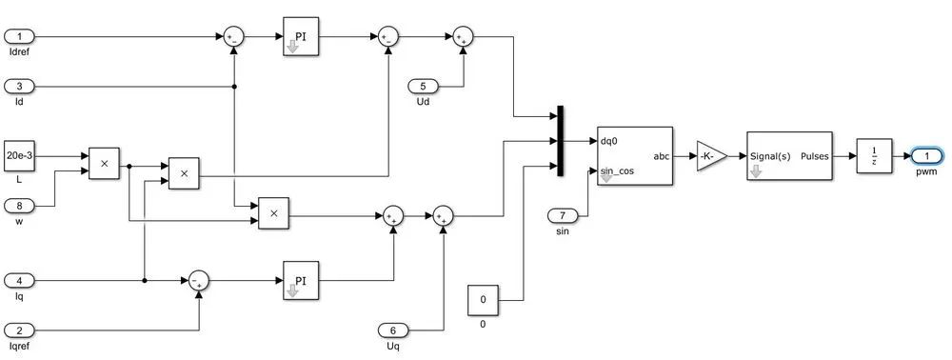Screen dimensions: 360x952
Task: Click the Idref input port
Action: (x=19, y=37)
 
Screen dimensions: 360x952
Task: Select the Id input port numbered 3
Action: (x=19, y=87)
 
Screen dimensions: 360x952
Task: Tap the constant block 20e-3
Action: (x=19, y=155)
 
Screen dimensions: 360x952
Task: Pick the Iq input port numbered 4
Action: (x=19, y=280)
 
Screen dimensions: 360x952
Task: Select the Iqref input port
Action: (x=19, y=330)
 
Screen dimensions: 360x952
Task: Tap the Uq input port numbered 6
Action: (x=393, y=330)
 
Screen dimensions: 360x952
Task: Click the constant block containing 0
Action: (x=483, y=301)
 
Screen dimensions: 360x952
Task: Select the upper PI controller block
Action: (x=301, y=37)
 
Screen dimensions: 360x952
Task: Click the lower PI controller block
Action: (x=301, y=281)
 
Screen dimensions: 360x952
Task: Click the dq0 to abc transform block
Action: (x=634, y=156)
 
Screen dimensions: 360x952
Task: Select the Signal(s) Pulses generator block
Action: (x=788, y=156)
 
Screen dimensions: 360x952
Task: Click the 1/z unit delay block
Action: (x=871, y=156)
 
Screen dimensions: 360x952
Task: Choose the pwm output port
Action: (x=925, y=156)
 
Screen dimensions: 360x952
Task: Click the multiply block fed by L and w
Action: (x=104, y=164)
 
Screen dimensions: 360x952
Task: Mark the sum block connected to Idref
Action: (x=233, y=37)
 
